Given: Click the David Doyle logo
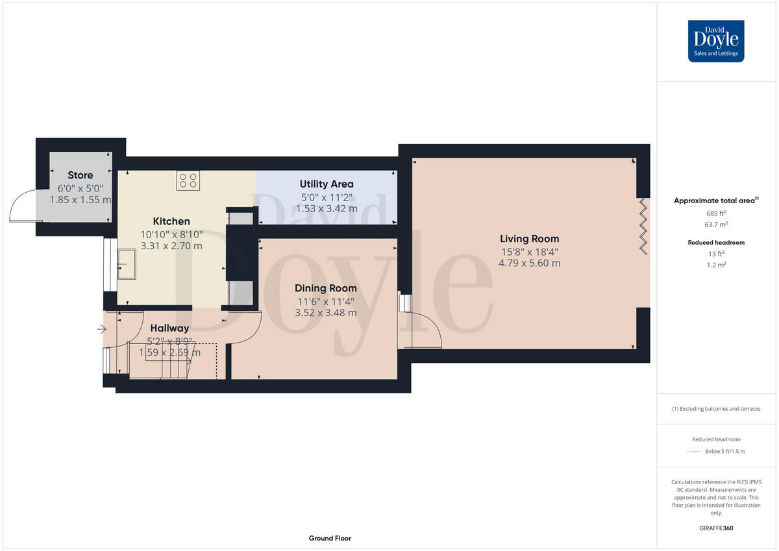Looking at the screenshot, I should pyautogui.click(x=716, y=41).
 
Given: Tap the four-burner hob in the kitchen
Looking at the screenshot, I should pyautogui.click(x=188, y=180).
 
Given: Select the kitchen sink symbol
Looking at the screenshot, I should pyautogui.click(x=127, y=264).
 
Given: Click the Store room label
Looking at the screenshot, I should pyautogui.click(x=80, y=175).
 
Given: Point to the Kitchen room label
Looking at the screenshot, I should pyautogui.click(x=171, y=221).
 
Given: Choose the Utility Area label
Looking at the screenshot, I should pyautogui.click(x=327, y=184).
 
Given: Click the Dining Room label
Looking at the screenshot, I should pyautogui.click(x=325, y=288).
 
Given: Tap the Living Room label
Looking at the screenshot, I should pyautogui.click(x=529, y=239).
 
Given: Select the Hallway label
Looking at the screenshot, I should pyautogui.click(x=169, y=328).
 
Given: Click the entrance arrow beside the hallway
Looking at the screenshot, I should pyautogui.click(x=101, y=330).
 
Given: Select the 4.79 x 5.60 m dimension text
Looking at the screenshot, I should pyautogui.click(x=529, y=263).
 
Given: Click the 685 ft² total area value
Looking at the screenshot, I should pyautogui.click(x=716, y=214).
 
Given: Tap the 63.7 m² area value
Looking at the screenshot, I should pyautogui.click(x=716, y=225).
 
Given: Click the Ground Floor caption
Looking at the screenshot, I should pyautogui.click(x=330, y=538).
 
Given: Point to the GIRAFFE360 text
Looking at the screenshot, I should pyautogui.click(x=716, y=528).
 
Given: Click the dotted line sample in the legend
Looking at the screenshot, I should pyautogui.click(x=695, y=452).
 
